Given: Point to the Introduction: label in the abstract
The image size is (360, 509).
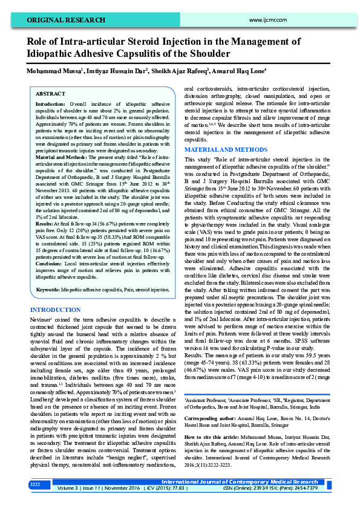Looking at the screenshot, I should point(51,105).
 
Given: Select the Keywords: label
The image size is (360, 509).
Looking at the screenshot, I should point(48,290).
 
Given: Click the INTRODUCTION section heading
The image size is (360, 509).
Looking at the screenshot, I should point(55,310).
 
